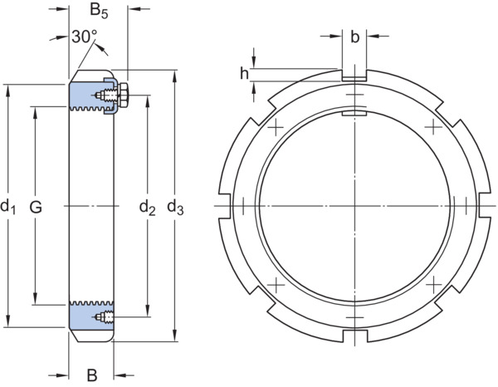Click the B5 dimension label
tap(99, 11)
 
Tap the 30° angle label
tap(85, 37)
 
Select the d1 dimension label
tap(8, 206)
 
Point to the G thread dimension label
tap(36, 208)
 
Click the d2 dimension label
tap(148, 208)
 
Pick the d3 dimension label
tap(175, 208)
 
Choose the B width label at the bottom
tap(92, 375)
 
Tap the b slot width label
tap(354, 37)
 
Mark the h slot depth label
tap(244, 74)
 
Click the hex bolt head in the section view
tap(123, 95)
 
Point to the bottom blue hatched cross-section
tap(91, 316)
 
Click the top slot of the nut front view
tap(354, 75)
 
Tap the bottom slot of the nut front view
tap(354, 336)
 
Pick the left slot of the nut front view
tap(224, 205)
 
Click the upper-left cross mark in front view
tap(276, 127)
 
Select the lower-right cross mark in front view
tap(433, 284)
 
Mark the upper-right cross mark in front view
tap(433, 126)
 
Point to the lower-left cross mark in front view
tap(276, 284)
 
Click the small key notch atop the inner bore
tap(354, 113)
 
